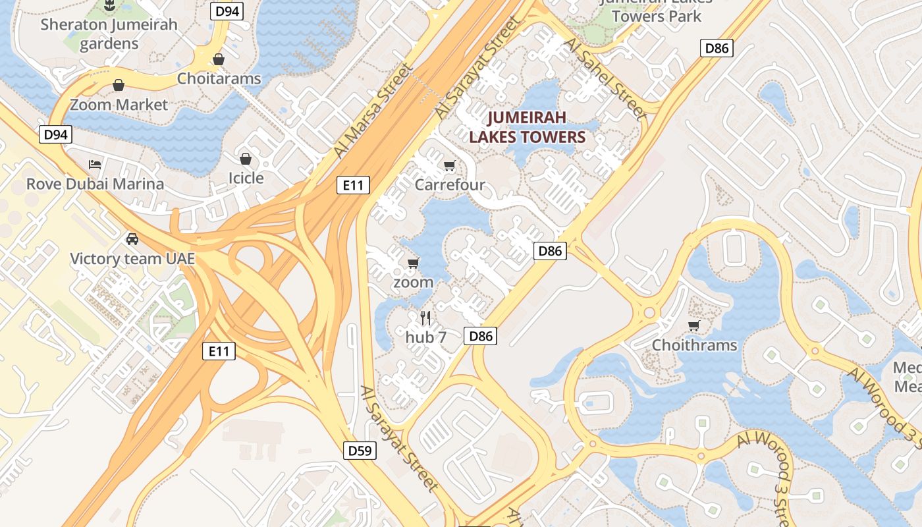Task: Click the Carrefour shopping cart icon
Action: pyautogui.click(x=450, y=166)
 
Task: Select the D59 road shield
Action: pyautogui.click(x=360, y=451)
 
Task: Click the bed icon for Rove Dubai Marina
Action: pyautogui.click(x=95, y=164)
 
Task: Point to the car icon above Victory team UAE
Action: pyautogui.click(x=132, y=238)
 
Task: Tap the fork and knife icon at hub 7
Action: pyautogui.click(x=425, y=318)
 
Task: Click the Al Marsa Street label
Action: pyautogui.click(x=373, y=110)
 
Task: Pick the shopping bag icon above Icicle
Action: pyautogui.click(x=246, y=159)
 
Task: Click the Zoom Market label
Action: pyautogui.click(x=119, y=105)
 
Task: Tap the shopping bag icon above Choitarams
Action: pyautogui.click(x=219, y=59)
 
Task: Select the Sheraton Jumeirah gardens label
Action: pyautogui.click(x=109, y=34)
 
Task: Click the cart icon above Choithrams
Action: pyautogui.click(x=693, y=326)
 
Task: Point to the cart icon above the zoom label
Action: pyautogui.click(x=414, y=263)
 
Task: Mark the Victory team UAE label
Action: pyautogui.click(x=132, y=258)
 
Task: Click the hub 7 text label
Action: pyautogui.click(x=426, y=337)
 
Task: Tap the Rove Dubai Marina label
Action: pyautogui.click(x=95, y=184)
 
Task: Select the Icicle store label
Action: pyautogui.click(x=246, y=178)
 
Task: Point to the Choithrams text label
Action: pyautogui.click(x=694, y=345)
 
